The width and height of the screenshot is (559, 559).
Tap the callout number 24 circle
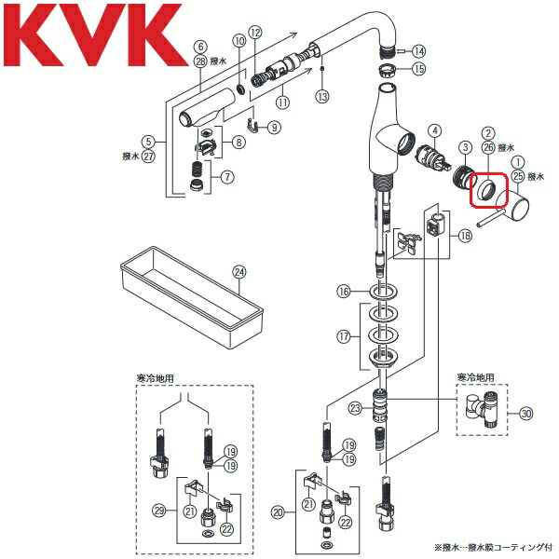[239, 273]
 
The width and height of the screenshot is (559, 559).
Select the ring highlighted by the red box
[485, 192]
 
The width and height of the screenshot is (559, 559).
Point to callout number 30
[526, 414]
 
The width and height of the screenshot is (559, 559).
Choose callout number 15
[418, 69]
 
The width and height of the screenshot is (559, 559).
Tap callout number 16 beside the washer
[344, 293]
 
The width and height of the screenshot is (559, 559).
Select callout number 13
[320, 96]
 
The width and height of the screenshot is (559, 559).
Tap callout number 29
[160, 511]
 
